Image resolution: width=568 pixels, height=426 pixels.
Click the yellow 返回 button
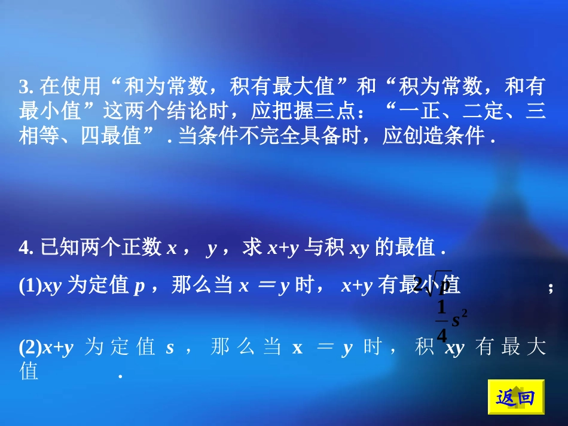(x=516, y=397)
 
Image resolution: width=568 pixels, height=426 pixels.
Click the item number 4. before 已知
(x=26, y=248)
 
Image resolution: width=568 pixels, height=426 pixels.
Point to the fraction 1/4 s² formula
(x=450, y=321)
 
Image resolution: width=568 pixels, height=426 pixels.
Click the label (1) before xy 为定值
(x=29, y=287)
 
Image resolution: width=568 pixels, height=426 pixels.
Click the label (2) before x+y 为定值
(x=29, y=347)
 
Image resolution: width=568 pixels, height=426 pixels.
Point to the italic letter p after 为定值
(x=139, y=287)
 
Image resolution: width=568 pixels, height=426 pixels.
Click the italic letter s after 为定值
(x=169, y=347)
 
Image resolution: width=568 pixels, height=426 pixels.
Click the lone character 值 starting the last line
(x=29, y=372)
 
